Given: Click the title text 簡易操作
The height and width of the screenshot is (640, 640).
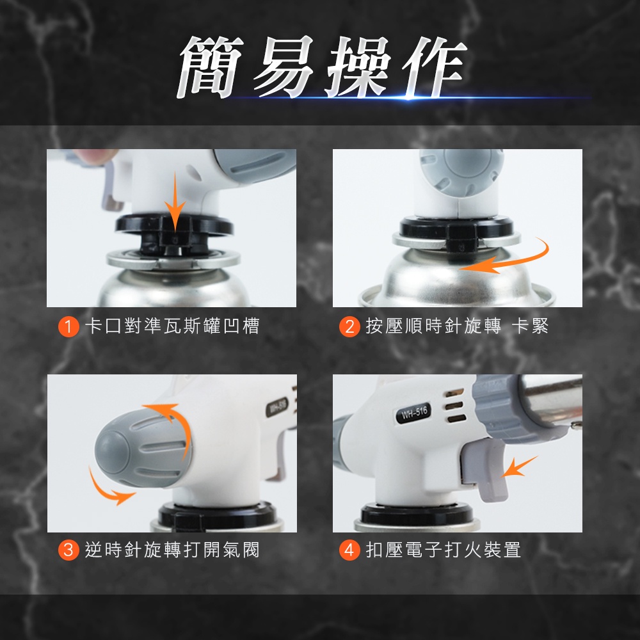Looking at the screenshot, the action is point(322,67).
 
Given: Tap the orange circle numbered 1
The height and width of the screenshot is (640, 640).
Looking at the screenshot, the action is point(68,326).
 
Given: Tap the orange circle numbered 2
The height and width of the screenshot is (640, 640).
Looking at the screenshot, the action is point(349,326).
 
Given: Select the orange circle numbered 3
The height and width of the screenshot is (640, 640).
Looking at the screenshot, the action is point(68,550).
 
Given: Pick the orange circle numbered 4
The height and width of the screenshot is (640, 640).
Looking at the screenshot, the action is point(349,550).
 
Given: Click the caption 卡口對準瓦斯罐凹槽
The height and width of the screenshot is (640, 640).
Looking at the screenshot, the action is point(172,326).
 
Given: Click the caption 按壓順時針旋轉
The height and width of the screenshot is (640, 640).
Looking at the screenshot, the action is point(433,326).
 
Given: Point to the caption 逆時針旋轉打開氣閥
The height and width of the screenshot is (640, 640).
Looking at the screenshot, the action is point(172,550).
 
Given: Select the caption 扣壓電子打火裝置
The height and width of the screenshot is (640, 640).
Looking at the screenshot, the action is point(443,550).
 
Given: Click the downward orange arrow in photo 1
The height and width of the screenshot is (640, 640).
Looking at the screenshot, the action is point(175,204).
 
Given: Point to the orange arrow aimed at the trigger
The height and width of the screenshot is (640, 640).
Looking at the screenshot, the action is point(518,467).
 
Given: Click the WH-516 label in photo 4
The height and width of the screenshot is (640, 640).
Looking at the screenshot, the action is point(413,413).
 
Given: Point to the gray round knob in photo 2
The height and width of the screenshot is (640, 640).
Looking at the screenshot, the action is point(461,171).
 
